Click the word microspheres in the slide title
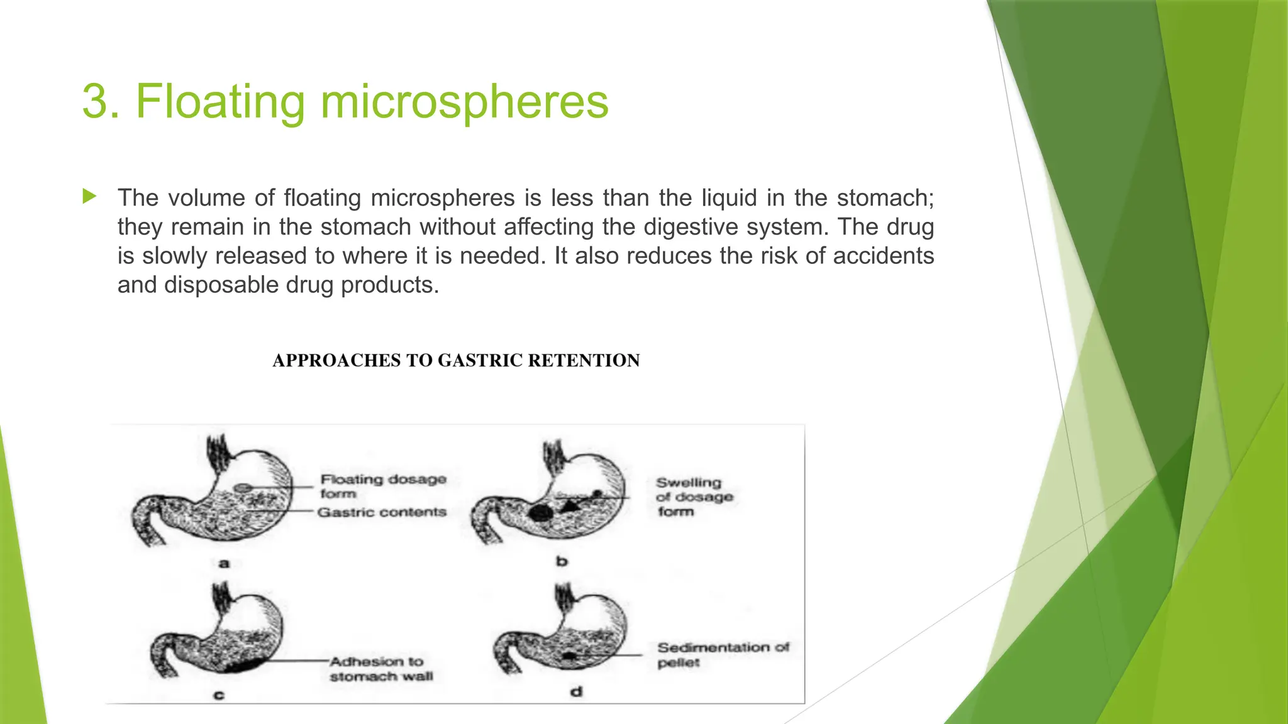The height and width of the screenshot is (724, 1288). [x=464, y=102]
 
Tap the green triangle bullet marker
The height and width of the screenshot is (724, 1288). [x=89, y=197]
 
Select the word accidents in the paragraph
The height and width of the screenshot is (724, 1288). [x=883, y=256]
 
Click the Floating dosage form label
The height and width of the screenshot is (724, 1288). [x=382, y=486]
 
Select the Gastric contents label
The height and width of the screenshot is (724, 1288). [x=382, y=512]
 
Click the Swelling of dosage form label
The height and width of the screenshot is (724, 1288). [x=694, y=496]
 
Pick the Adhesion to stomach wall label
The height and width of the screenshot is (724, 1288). [x=380, y=669]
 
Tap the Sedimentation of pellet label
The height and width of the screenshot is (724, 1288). [x=722, y=654]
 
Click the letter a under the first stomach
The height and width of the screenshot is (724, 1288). [x=224, y=563]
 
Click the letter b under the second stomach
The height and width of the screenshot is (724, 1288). [x=562, y=561]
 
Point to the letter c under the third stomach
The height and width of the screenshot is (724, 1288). [x=219, y=694]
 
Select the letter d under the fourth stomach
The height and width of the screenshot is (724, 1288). [x=576, y=692]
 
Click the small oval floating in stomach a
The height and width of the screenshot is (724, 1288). [x=241, y=487]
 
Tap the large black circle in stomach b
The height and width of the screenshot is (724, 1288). [x=540, y=512]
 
